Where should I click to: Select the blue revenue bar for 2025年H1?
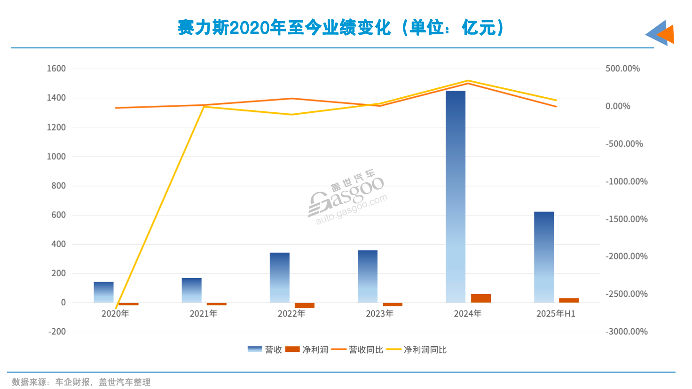point(543,257)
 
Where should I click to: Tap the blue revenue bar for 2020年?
point(103,292)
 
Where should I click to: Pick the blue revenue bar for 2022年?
point(279,278)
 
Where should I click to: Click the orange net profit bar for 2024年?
point(480,298)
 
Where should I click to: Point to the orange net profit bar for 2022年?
point(304,305)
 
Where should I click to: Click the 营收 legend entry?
point(265,350)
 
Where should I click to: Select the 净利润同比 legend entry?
point(417,350)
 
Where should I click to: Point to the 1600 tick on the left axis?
point(56,69)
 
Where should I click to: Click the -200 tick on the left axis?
point(57,332)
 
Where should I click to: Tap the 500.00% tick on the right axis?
point(622,69)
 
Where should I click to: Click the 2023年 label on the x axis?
point(379,313)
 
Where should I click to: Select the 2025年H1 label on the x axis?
point(556,313)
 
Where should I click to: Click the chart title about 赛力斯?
point(340,28)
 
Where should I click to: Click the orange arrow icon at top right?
point(666,34)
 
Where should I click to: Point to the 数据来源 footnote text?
point(81,382)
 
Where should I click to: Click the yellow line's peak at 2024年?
point(468,81)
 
